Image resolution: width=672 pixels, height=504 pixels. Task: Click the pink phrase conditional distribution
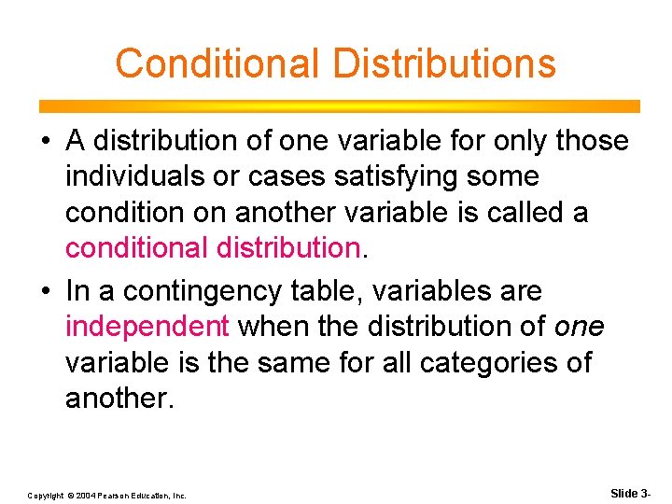(x=212, y=248)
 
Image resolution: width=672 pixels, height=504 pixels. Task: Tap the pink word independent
(x=147, y=327)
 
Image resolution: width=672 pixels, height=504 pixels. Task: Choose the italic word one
(x=579, y=327)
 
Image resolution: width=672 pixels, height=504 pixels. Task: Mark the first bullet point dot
(x=46, y=142)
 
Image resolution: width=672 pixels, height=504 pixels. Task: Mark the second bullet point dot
(x=46, y=292)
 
